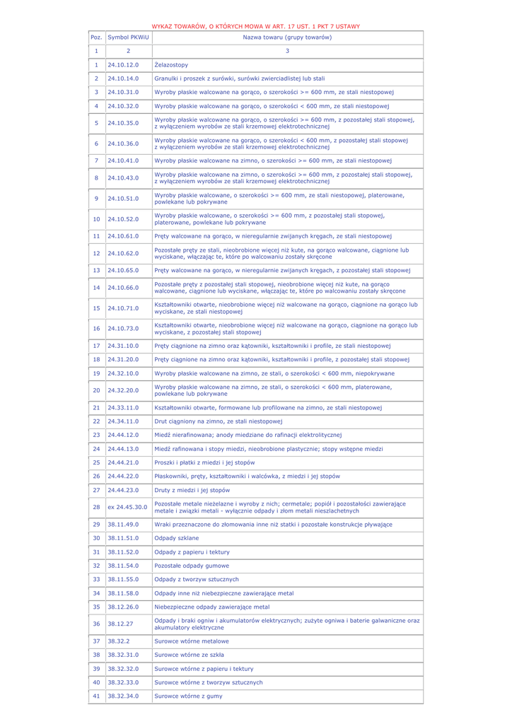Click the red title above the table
pos(255,26)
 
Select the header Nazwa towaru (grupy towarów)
pos(287,37)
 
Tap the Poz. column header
pos(96,37)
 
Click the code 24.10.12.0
pos(123,65)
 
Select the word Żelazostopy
pos(171,65)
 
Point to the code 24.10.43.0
pos(123,178)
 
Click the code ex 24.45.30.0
pos(127,507)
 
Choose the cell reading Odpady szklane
pos(177,538)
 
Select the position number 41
pos(96,696)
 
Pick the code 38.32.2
pos(119,641)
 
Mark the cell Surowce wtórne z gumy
pos(188,696)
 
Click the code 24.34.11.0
pos(123,421)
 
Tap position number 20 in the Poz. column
pos(96,390)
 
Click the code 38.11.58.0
pos(123,593)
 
